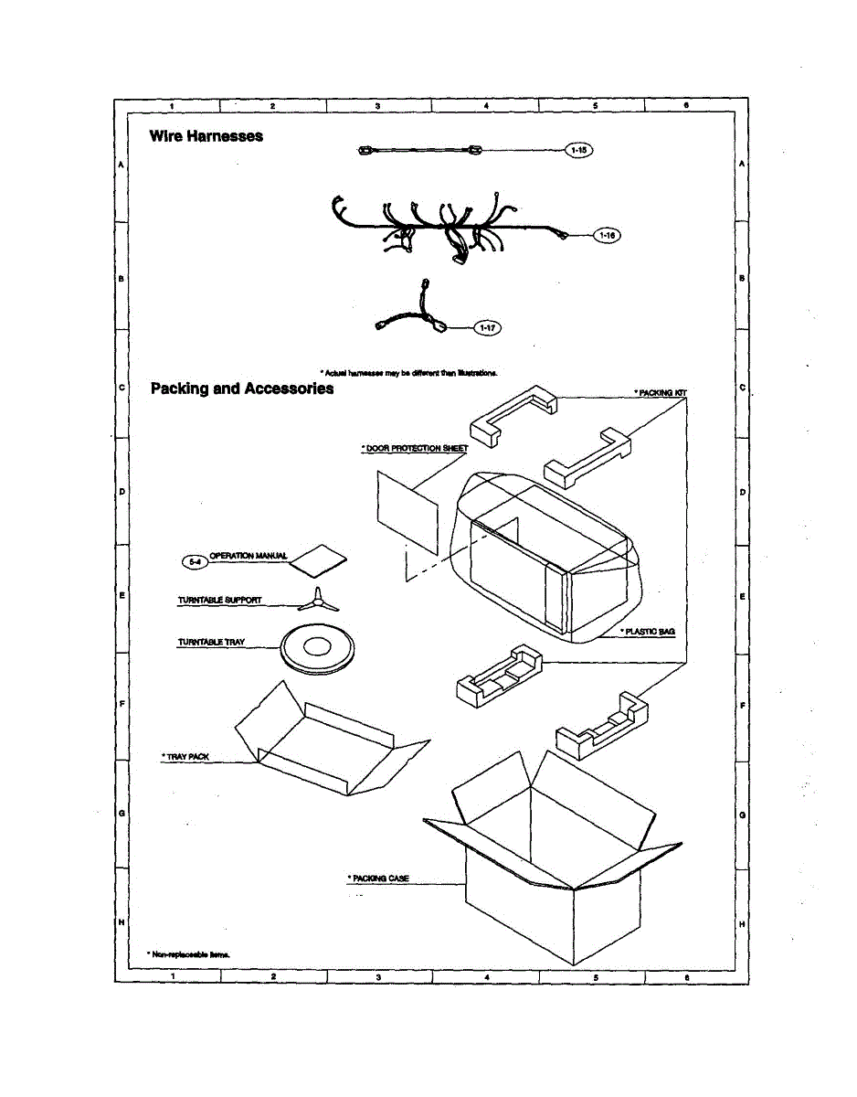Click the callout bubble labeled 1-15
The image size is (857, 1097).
(580, 150)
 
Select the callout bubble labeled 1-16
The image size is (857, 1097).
(606, 236)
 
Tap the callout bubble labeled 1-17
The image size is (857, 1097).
(489, 327)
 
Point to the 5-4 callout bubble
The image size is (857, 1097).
(194, 561)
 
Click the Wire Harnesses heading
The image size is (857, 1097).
(206, 136)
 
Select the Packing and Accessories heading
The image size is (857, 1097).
(242, 389)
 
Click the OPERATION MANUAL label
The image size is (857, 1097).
(249, 556)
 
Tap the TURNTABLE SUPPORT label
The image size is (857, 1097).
(219, 601)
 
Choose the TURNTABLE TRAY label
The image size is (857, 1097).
(211, 643)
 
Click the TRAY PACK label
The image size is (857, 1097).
(186, 757)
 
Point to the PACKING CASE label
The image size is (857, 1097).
(378, 879)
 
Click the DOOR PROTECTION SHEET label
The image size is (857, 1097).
(415, 449)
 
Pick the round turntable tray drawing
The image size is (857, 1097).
(316, 648)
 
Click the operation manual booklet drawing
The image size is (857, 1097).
(318, 561)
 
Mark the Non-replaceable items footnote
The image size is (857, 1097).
(189, 953)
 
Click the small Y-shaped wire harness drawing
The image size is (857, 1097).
(413, 314)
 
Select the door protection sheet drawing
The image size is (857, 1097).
(407, 512)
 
